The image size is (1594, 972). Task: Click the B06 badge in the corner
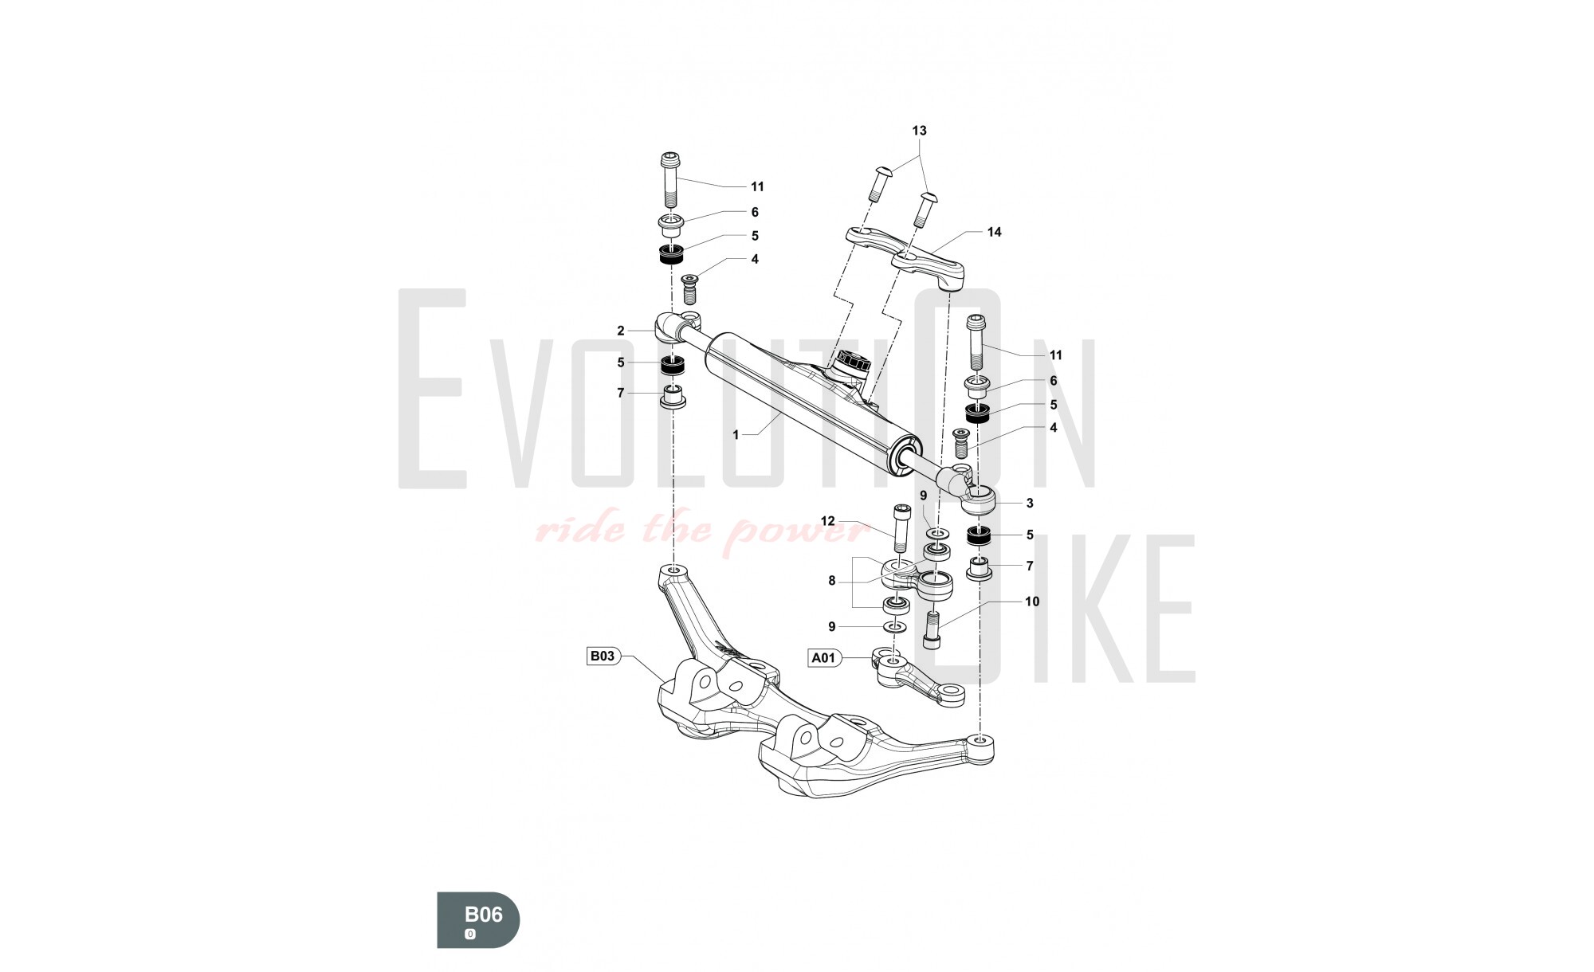coord(478,919)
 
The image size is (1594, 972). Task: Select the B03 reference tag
coord(603,656)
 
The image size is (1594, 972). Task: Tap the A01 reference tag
coord(824,658)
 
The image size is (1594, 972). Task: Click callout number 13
coord(920,131)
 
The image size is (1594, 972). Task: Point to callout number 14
coord(994,233)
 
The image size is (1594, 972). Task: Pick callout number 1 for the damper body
coord(736,435)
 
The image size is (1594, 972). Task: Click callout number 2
coord(621,331)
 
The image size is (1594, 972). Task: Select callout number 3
coord(1030,504)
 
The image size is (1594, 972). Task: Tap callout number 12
coord(828,521)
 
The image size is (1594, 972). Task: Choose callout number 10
coord(1032,602)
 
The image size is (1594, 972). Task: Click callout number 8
coord(832,581)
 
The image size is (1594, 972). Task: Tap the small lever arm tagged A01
coord(917,678)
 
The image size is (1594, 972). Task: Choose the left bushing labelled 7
coord(673,397)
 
